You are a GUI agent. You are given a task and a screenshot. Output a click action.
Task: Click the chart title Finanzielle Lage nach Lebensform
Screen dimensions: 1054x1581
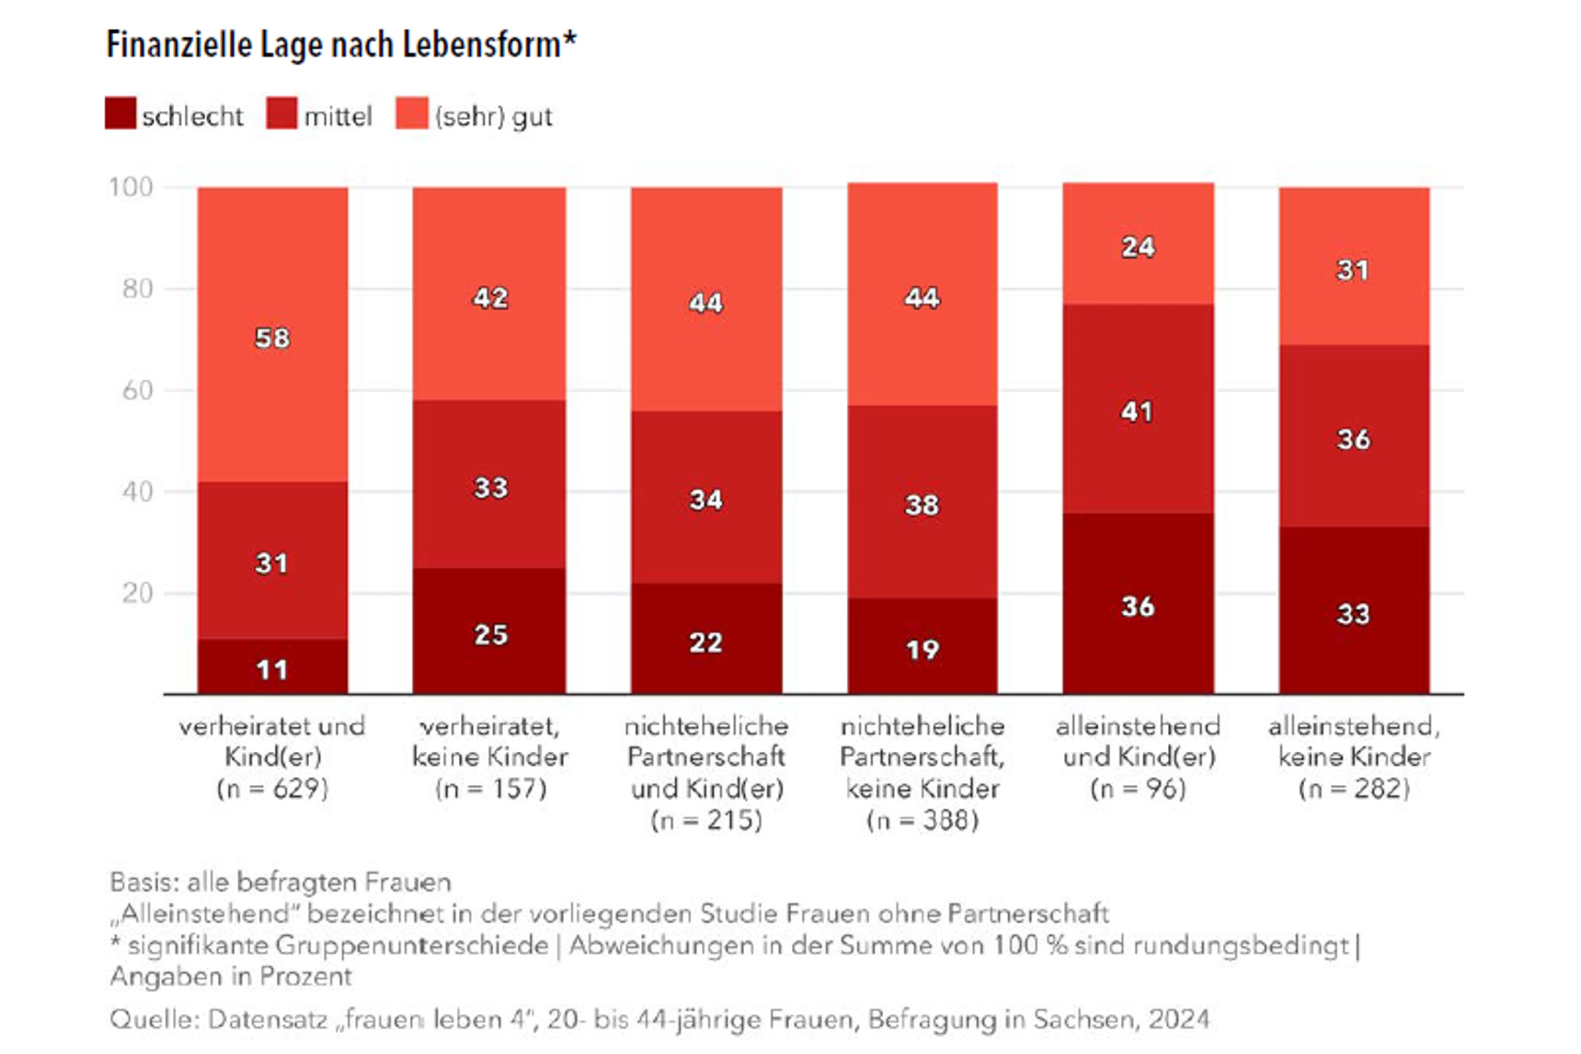[x=341, y=45]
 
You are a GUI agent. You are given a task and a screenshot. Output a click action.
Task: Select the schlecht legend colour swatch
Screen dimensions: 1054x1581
[x=120, y=113]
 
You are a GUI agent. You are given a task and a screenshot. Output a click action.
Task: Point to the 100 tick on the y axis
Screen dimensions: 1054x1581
[x=131, y=187]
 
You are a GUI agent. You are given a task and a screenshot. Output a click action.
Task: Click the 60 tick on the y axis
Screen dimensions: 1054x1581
[x=138, y=390]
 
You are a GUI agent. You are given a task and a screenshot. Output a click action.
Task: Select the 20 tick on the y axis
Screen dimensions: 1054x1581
[x=138, y=593]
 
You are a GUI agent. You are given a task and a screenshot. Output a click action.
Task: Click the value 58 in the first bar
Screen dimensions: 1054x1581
[x=272, y=338]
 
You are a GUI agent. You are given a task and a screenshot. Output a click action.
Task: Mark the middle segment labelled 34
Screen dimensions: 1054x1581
[x=705, y=500]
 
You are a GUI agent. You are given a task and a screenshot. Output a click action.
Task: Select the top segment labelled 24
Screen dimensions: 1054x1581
[x=1138, y=247]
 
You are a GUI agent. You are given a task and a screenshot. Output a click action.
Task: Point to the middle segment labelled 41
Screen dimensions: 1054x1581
[x=1137, y=411]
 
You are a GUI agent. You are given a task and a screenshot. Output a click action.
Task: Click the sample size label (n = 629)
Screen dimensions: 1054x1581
[x=272, y=788]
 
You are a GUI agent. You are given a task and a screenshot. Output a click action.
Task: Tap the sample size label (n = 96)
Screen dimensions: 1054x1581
[x=1138, y=788]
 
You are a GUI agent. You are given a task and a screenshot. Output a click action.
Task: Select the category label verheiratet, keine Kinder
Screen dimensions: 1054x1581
[x=490, y=741]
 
